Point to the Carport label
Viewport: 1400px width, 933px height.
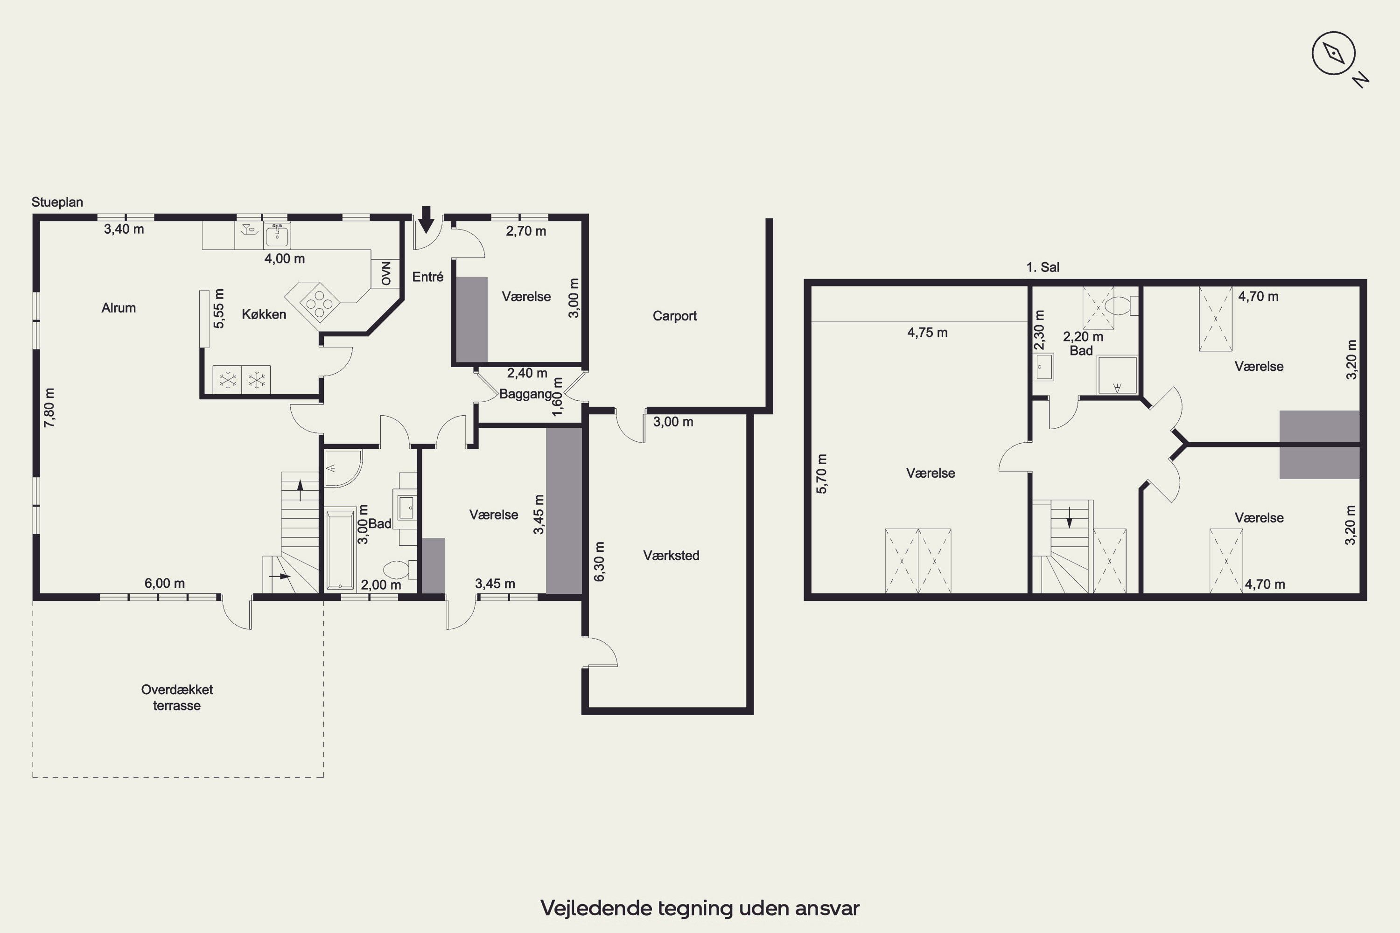pyautogui.click(x=674, y=316)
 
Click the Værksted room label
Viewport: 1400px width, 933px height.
pyautogui.click(x=671, y=555)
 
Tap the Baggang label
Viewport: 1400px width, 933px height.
pyautogui.click(x=525, y=394)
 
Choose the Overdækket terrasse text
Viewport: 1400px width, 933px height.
pyautogui.click(x=177, y=697)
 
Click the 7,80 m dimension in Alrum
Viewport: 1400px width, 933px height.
pyautogui.click(x=49, y=408)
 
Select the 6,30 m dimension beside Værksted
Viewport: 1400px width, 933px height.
pyautogui.click(x=599, y=561)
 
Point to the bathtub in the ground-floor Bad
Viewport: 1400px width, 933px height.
pyautogui.click(x=341, y=549)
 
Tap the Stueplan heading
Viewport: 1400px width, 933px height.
pyautogui.click(x=57, y=202)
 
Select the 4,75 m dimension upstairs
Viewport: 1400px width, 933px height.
pyautogui.click(x=927, y=333)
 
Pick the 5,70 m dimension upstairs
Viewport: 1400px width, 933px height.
pyautogui.click(x=821, y=473)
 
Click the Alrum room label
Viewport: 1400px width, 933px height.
pyautogui.click(x=119, y=307)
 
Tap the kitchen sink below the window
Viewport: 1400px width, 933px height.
pyautogui.click(x=277, y=236)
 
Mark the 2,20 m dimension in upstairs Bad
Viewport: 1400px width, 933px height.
pyautogui.click(x=1083, y=337)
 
